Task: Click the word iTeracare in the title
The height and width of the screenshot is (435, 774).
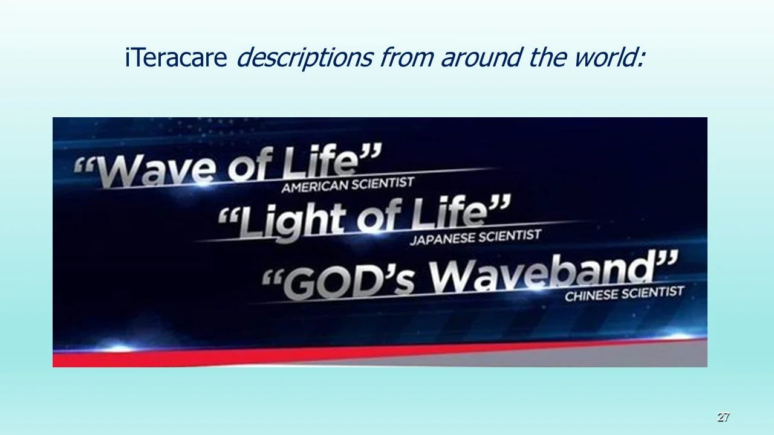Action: [x=176, y=57]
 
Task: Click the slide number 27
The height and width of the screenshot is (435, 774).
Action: [x=723, y=417]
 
